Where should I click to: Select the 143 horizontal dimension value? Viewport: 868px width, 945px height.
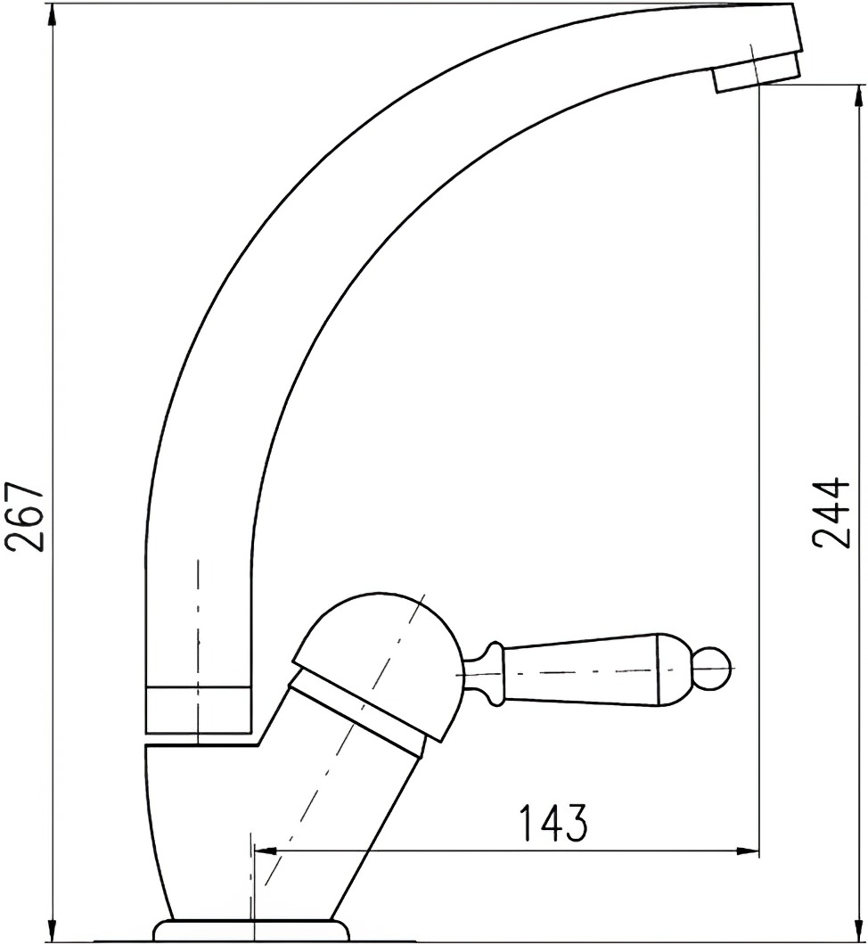click(x=553, y=822)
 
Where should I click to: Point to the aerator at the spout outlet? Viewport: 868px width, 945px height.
click(x=757, y=72)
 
